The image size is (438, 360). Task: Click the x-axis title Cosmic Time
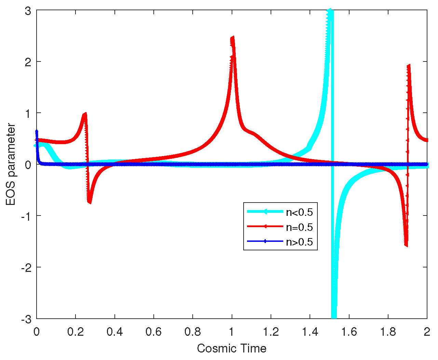232,348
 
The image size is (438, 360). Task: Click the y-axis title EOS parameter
11,165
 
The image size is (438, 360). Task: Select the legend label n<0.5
299,212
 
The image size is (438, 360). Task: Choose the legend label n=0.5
299,227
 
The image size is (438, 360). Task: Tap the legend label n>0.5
299,242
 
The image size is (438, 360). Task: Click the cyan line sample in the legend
265,212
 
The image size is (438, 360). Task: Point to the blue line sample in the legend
265,241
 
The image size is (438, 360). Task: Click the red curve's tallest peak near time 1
232,38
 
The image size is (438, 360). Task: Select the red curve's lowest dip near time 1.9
406,245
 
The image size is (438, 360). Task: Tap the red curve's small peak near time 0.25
85,114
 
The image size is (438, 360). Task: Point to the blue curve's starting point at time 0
37,131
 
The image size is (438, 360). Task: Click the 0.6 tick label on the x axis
154,332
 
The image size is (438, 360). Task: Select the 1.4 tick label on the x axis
310,332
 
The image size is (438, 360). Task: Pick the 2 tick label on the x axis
427,332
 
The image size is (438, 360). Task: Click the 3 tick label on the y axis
28,11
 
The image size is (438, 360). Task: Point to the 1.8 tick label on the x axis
388,332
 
